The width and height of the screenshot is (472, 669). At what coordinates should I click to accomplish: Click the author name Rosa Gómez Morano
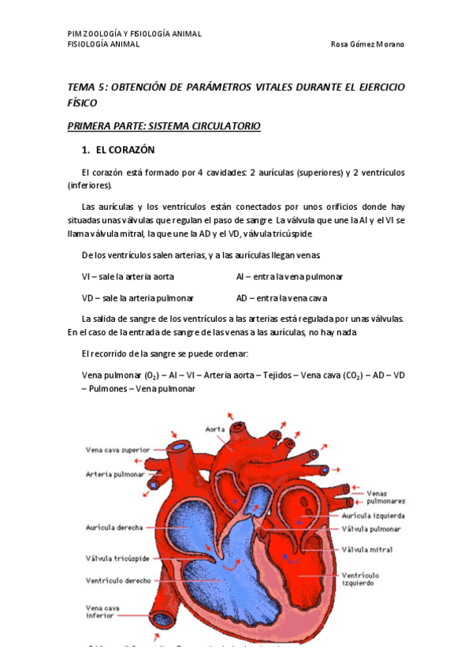pos(368,44)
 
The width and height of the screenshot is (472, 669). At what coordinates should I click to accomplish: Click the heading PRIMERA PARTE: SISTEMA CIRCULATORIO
pos(164,126)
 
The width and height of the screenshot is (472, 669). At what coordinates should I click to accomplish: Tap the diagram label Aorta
pos(215,430)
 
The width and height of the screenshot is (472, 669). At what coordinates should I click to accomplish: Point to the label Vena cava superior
pos(117,450)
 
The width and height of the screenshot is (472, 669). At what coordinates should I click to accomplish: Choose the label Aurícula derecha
pos(114,526)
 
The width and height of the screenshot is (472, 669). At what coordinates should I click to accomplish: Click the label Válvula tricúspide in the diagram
pos(117,558)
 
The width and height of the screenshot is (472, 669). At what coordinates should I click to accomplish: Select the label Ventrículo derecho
pos(117,580)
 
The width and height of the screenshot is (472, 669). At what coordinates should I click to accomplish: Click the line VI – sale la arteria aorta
pos(128,277)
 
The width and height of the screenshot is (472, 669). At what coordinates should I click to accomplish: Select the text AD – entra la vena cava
pos(281,298)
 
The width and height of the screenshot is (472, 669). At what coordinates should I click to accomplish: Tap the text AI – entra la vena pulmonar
pos(289,277)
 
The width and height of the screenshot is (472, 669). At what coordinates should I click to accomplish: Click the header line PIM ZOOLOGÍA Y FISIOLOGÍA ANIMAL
pos(135,34)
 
